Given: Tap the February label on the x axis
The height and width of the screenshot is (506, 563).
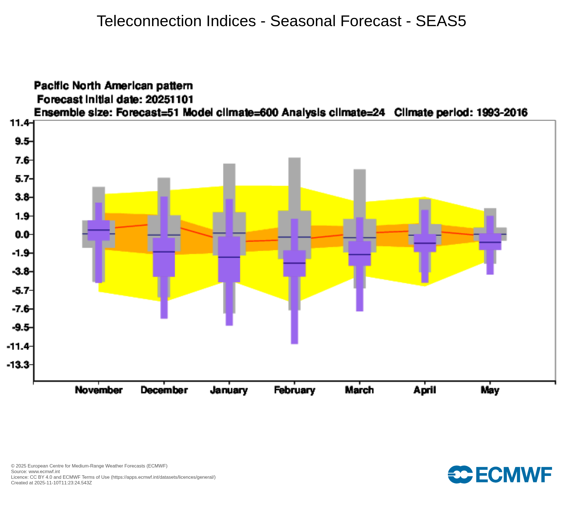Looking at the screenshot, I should point(294,390).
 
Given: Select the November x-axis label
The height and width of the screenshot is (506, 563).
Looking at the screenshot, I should point(99,390).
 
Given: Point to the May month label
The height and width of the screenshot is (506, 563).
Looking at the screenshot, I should point(490,390).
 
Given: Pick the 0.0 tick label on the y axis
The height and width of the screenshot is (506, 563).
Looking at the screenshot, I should point(22,234).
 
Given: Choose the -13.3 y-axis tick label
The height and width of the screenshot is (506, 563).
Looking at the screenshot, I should point(18,365).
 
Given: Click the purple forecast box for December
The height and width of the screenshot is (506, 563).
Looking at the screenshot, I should point(164,257).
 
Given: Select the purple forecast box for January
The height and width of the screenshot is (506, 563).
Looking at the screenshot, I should point(229,259).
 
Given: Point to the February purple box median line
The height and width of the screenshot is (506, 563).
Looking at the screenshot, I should point(294,263).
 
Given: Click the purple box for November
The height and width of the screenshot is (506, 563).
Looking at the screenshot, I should point(99,231).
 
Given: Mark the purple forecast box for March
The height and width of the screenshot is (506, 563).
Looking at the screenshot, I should point(359,253).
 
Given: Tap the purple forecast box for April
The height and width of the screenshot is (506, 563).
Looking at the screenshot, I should point(425,243).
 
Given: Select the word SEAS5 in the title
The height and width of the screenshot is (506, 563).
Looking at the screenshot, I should point(441,21).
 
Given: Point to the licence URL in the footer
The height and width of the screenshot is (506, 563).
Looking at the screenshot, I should point(163,477).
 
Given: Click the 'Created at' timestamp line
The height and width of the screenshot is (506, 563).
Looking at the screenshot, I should point(52,483).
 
